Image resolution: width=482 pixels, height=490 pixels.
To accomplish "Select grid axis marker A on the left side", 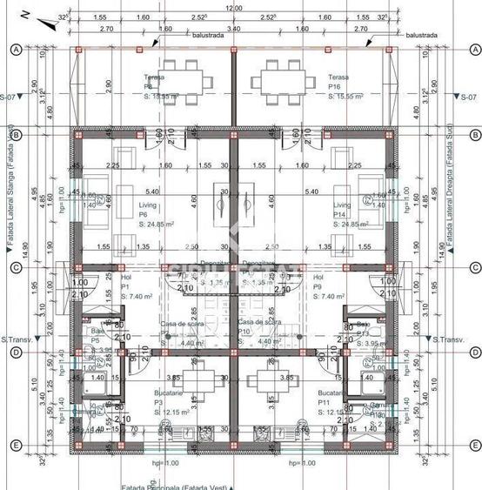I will tap(15, 50).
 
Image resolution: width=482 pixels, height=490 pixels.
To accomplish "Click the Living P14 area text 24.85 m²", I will tap(352, 225).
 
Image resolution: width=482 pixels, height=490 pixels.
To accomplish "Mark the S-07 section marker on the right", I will tap(469, 97).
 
